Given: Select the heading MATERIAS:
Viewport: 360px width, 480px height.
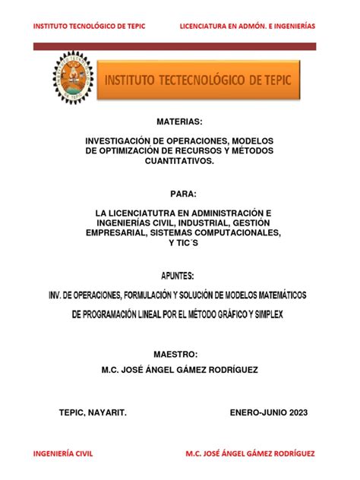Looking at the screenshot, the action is tap(179, 122).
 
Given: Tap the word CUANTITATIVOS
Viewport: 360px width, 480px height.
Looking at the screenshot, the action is tap(179, 162).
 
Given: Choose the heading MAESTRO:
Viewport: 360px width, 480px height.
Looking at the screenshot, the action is tap(179, 355).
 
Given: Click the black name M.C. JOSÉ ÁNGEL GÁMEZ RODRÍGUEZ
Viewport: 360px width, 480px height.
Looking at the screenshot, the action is tap(179, 369).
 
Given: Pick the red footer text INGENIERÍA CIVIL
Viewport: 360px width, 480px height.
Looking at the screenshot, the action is tap(62, 453).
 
